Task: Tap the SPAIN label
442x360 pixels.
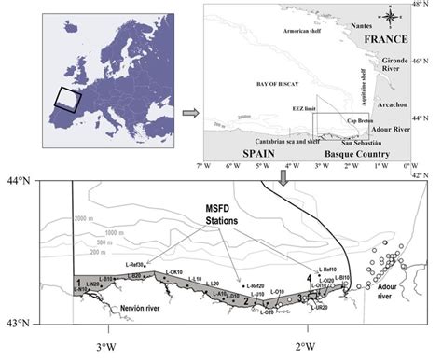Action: pyautogui.click(x=260, y=152)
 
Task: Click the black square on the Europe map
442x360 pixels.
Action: pyautogui.click(x=67, y=98)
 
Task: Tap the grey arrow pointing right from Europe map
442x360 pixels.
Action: pyautogui.click(x=187, y=114)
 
